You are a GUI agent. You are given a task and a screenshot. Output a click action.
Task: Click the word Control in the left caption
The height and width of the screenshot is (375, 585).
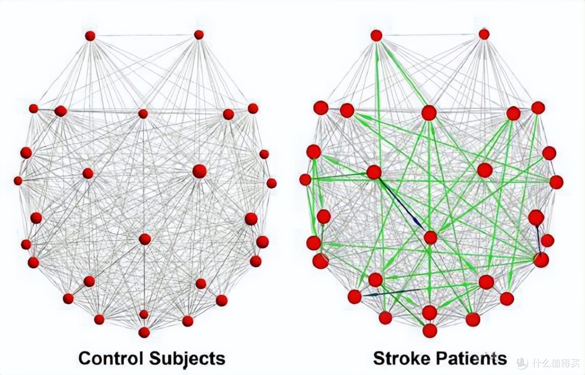(x=111, y=358)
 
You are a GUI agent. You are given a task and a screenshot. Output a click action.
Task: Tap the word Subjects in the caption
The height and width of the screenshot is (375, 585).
(x=187, y=359)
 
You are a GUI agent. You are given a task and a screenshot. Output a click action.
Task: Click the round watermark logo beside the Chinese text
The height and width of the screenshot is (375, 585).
(x=522, y=362)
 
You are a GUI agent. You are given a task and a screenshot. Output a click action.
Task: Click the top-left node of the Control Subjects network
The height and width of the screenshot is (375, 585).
(x=90, y=36)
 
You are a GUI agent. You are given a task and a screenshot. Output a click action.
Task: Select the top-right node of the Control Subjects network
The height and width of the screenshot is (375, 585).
(x=199, y=35)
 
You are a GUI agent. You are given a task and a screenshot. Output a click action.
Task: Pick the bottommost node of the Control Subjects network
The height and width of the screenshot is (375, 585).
(x=144, y=332)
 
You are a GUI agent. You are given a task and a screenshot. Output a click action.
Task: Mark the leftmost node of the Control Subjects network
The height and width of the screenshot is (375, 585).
(x=18, y=180)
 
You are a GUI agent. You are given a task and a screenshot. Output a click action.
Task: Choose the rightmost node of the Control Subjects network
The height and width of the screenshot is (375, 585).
(x=271, y=183)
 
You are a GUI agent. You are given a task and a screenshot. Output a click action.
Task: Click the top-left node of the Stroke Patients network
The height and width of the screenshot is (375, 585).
(x=376, y=35)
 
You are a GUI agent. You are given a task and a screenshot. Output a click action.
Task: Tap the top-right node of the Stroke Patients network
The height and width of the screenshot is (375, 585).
(x=484, y=34)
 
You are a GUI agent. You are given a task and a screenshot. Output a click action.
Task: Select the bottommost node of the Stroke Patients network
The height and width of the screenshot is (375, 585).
(x=430, y=331)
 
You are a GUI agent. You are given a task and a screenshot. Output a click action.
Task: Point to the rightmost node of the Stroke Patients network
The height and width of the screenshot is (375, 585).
(x=556, y=182)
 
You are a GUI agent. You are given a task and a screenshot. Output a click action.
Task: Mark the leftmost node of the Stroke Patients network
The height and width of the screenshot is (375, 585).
(x=305, y=180)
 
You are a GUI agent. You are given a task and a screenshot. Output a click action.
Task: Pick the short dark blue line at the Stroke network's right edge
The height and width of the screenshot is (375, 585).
(x=538, y=240)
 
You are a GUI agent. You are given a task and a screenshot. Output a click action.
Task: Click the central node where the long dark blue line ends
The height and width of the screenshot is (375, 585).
(x=430, y=237)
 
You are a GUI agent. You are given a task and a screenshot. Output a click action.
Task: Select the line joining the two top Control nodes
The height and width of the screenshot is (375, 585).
(x=145, y=35)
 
